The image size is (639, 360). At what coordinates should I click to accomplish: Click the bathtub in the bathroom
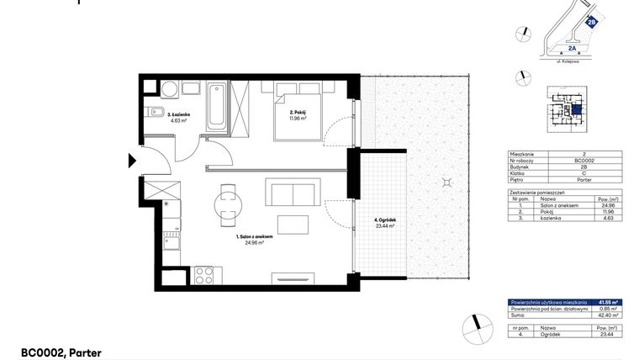click(x=218, y=106)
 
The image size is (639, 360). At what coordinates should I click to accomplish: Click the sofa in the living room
click(x=290, y=193)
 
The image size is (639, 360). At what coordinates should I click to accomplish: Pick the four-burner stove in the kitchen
click(x=204, y=273)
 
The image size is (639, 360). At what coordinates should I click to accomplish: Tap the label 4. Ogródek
click(x=385, y=221)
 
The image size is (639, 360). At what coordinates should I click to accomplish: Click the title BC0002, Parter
click(x=61, y=353)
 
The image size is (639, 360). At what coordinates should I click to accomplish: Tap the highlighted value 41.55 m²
click(x=608, y=301)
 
